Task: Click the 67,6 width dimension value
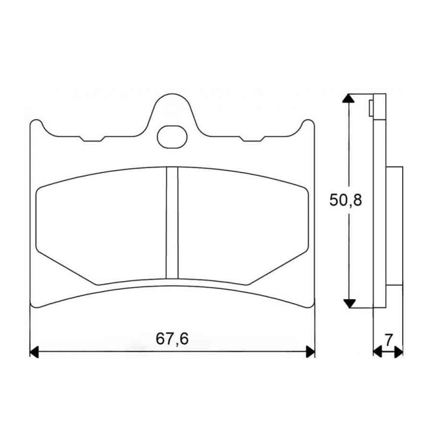pyautogui.click(x=172, y=338)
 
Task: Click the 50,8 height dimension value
pyautogui.click(x=345, y=200)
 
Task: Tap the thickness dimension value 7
pyautogui.click(x=389, y=340)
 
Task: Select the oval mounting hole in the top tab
pyautogui.click(x=172, y=137)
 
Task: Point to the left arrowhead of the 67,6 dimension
pyautogui.click(x=34, y=352)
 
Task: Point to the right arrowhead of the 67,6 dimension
pyautogui.click(x=310, y=352)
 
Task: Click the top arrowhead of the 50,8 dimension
pyautogui.click(x=348, y=98)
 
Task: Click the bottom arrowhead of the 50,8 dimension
pyautogui.click(x=349, y=304)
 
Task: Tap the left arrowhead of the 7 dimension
pyautogui.click(x=378, y=352)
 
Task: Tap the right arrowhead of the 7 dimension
pyautogui.click(x=398, y=352)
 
